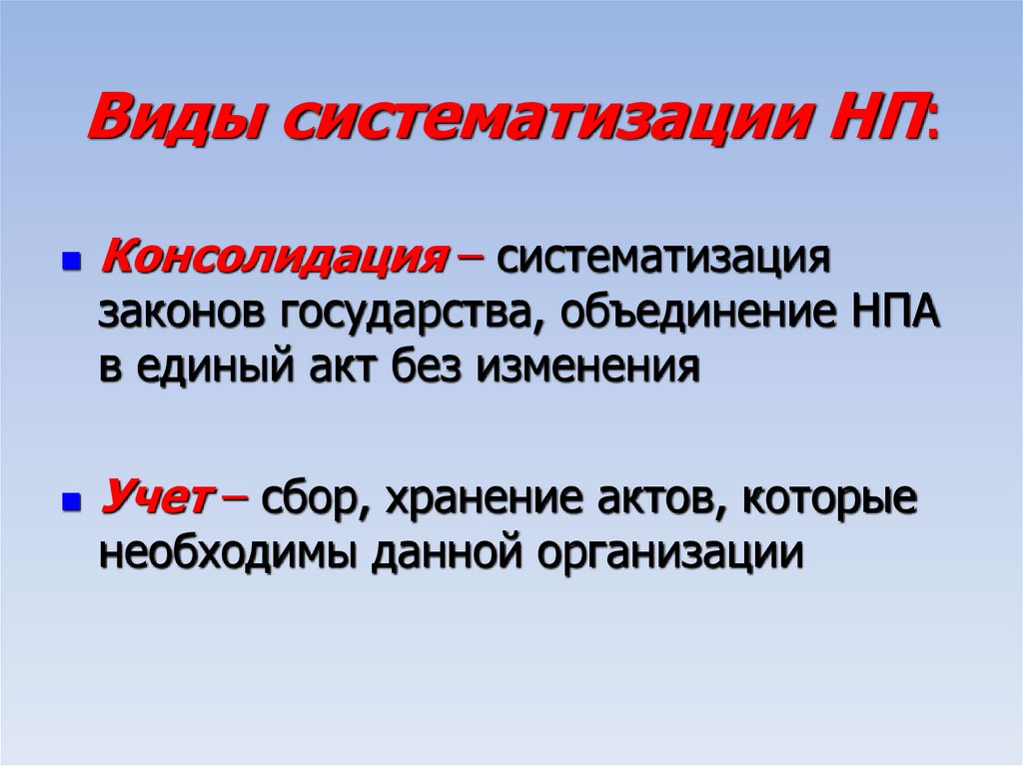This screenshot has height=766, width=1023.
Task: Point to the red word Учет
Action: (x=155, y=497)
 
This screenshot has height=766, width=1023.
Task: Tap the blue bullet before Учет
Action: (x=71, y=499)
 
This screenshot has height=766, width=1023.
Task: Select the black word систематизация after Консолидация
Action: (x=664, y=262)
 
